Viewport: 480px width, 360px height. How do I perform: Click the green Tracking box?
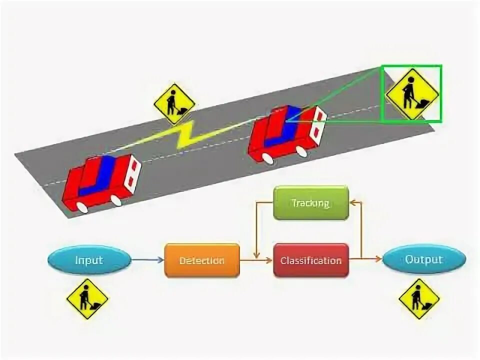coord(310,203)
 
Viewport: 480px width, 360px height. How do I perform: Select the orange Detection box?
coord(201,260)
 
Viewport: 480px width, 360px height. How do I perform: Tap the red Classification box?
coord(310,260)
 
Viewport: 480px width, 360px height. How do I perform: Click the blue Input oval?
coord(89,260)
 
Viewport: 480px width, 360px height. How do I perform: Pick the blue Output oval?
coord(424,259)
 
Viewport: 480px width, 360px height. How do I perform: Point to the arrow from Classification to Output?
coord(366,259)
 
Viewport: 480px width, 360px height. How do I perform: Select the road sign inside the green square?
coord(412,93)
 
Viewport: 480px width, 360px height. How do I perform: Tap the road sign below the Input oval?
coord(87,299)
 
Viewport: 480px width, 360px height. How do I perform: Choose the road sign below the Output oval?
coord(419,299)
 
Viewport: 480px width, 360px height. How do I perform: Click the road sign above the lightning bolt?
coord(174,104)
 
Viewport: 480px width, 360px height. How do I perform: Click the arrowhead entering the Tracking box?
coord(352,203)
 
